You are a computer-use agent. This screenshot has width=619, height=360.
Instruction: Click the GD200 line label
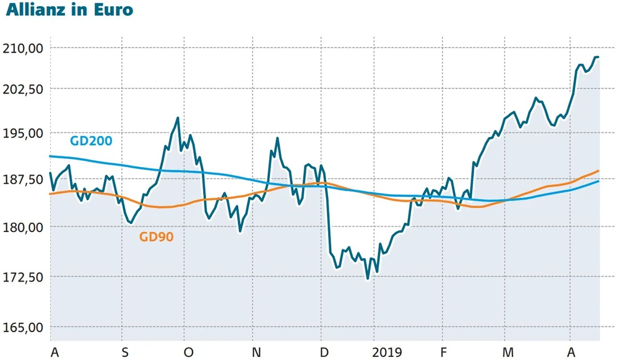click(91, 141)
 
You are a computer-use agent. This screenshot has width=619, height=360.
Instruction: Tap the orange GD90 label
click(156, 236)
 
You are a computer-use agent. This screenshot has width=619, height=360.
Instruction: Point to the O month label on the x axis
click(188, 353)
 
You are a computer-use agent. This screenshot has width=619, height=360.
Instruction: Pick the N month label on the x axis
click(256, 353)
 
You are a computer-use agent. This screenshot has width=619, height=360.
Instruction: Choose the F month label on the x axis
click(444, 353)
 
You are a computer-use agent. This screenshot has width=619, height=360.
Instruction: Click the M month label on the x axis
click(508, 353)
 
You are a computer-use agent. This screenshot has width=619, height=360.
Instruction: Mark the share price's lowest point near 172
click(368, 278)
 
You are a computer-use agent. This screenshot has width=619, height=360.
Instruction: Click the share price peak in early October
click(178, 118)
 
